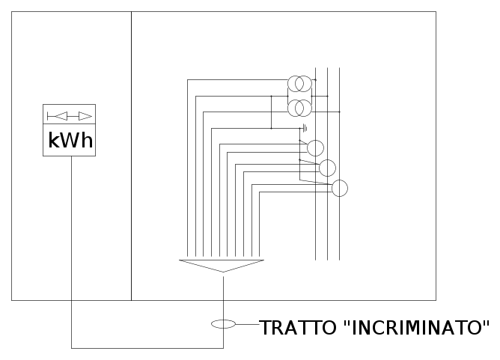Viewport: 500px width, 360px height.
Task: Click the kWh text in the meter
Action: [x=70, y=140]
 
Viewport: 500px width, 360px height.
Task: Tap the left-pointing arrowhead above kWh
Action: [x=61, y=116]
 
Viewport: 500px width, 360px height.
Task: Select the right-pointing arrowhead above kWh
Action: [x=85, y=116]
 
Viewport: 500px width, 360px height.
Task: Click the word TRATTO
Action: [x=298, y=328]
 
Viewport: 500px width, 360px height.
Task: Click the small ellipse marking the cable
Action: [x=223, y=324]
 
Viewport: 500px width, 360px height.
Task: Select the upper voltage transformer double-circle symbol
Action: [x=299, y=84]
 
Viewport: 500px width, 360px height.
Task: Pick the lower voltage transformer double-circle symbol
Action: [x=299, y=108]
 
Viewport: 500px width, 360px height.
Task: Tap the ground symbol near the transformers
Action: [x=305, y=128]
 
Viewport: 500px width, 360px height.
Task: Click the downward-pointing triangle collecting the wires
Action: [x=222, y=266]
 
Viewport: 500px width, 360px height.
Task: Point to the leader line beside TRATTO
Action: [x=248, y=324]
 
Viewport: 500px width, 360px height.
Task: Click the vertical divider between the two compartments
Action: [x=132, y=156]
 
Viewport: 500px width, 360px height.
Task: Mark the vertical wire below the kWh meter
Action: [x=71, y=252]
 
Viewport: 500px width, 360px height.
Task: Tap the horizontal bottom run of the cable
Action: [x=147, y=348]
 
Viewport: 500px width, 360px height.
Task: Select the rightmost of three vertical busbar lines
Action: [x=339, y=164]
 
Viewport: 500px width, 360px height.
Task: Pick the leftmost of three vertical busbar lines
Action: [x=315, y=164]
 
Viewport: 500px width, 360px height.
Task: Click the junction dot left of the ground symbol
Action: [x=272, y=128]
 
